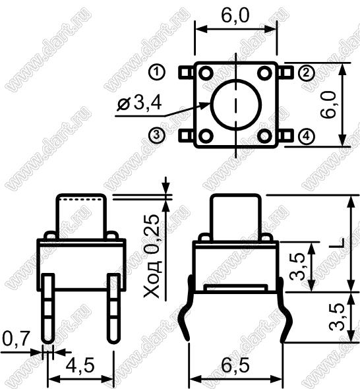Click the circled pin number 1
156,72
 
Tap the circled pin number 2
307,73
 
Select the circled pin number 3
156,135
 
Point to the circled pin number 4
307,136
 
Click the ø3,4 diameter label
140,104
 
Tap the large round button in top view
236,105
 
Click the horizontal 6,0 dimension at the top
235,16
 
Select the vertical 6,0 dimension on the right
328,104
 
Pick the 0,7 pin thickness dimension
16,338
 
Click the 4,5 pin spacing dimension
80,366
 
